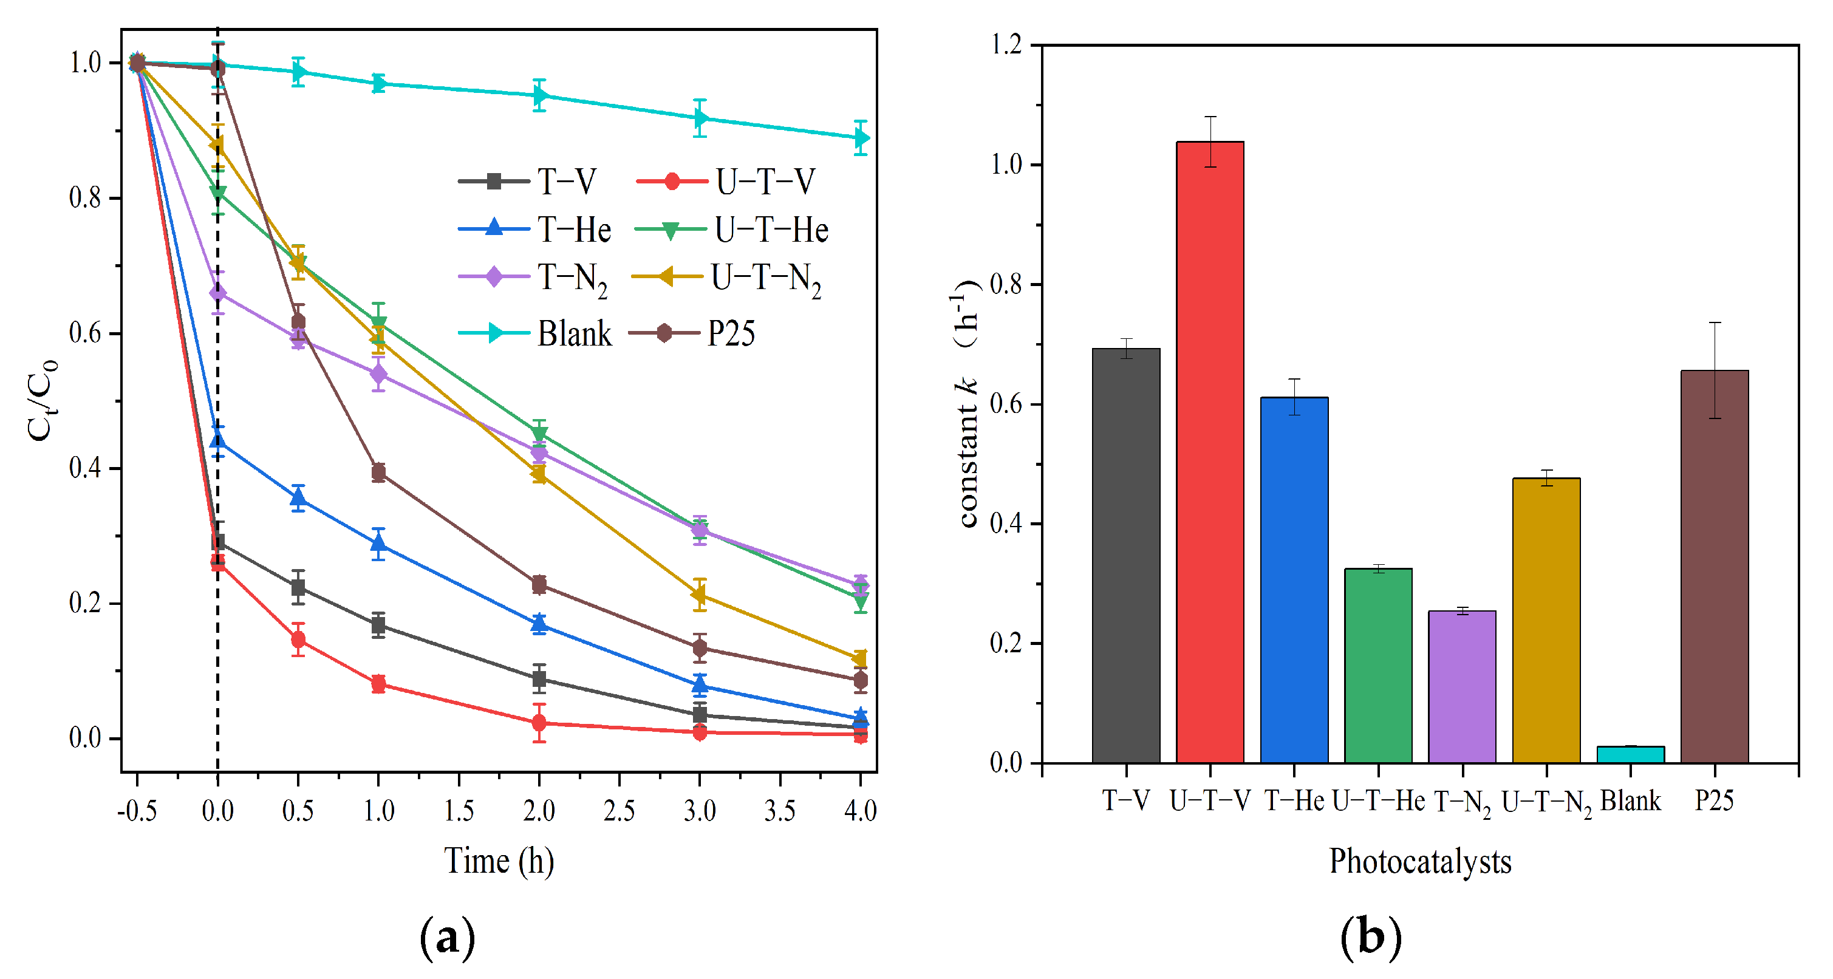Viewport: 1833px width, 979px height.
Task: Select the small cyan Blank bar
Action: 1630,755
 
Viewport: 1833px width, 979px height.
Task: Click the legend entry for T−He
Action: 535,230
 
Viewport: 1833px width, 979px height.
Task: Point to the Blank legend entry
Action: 535,333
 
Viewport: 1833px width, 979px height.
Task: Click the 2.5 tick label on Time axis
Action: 619,810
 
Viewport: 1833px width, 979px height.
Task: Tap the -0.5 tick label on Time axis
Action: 137,810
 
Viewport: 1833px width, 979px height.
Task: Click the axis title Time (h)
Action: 499,861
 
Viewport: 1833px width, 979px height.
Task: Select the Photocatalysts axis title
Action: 1419,861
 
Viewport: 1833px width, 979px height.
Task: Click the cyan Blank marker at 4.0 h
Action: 860,138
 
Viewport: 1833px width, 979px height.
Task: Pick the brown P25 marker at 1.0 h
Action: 378,472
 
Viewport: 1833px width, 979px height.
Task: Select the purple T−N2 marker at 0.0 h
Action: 218,293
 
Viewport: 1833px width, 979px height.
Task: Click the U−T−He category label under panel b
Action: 1377,801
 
